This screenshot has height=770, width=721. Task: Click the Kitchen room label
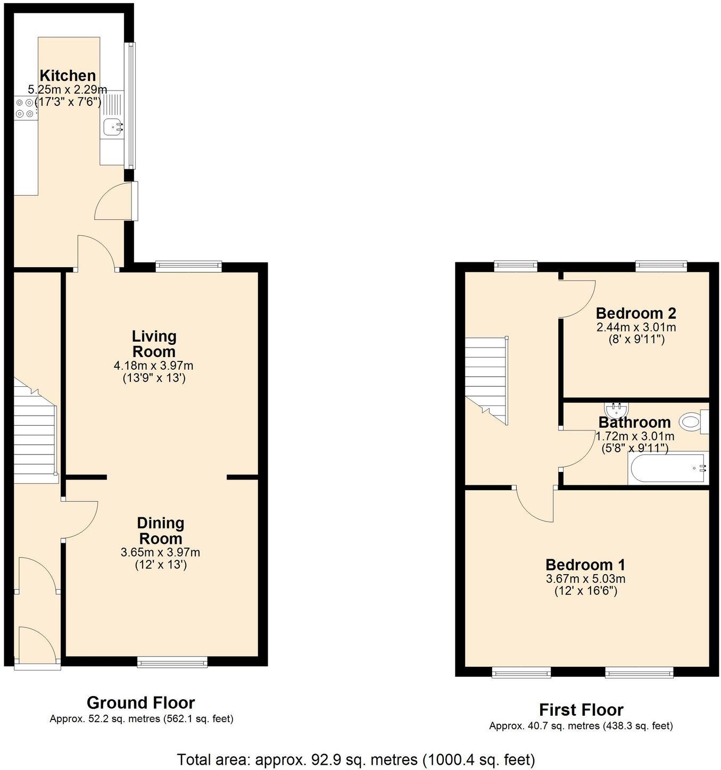pos(68,76)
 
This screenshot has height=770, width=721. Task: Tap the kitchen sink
pos(113,127)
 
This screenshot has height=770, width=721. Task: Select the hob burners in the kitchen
pos(24,107)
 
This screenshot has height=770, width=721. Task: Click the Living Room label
pos(154,344)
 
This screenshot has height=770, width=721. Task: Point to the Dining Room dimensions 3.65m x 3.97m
pos(160,552)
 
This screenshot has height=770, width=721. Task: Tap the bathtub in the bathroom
pos(667,468)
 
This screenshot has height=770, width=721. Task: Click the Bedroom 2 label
pos(635,313)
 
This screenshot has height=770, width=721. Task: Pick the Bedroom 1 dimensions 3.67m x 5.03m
pos(585,579)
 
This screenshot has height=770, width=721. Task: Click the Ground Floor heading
pos(140,703)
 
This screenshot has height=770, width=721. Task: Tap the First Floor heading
pos(581,710)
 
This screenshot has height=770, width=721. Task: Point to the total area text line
pos(355,759)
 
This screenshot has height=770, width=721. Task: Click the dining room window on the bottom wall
pos(172,662)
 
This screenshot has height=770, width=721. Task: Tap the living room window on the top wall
pos(188,266)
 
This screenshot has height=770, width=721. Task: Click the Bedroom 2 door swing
pos(577,298)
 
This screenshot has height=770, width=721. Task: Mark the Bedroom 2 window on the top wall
pos(661,266)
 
